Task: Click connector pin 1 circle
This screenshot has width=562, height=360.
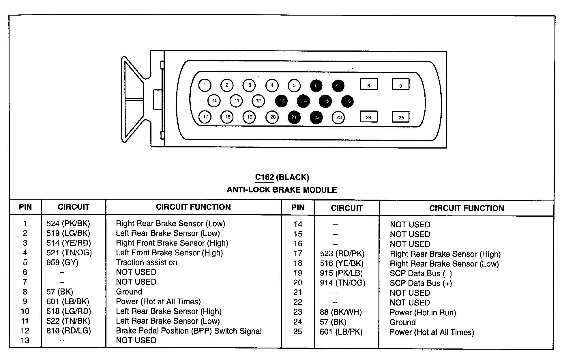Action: pyautogui.click(x=205, y=85)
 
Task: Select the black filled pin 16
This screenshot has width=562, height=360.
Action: pyautogui.click(x=348, y=101)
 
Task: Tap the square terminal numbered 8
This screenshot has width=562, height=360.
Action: pyautogui.click(x=369, y=85)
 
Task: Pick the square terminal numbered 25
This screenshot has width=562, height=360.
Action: pyautogui.click(x=401, y=117)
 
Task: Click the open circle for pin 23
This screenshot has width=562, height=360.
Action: pyautogui.click(x=339, y=117)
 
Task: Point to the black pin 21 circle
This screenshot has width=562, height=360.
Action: pyautogui.click(x=294, y=117)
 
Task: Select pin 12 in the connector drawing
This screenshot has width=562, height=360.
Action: pyautogui.click(x=258, y=101)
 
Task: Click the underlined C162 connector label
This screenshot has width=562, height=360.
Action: pyautogui.click(x=264, y=177)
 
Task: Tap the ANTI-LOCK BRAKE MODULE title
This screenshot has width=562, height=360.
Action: pyautogui.click(x=282, y=190)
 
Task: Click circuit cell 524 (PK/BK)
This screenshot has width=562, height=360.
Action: pyautogui.click(x=68, y=224)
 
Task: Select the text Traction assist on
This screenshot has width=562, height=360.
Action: pyautogui.click(x=146, y=262)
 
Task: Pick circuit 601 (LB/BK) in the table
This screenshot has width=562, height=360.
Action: pyautogui.click(x=68, y=301)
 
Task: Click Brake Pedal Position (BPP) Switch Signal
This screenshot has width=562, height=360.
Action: pyautogui.click(x=189, y=331)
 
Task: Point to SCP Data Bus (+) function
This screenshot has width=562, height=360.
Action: pyautogui.click(x=421, y=283)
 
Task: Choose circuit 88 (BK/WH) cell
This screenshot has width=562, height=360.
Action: pyautogui.click(x=341, y=312)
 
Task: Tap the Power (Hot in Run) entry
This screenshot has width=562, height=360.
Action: pyautogui.click(x=423, y=313)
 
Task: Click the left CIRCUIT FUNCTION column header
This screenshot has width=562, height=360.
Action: pyautogui.click(x=193, y=207)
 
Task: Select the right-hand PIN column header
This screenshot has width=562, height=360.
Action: pyautogui.click(x=298, y=208)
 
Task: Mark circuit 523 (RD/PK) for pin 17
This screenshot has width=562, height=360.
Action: pyautogui.click(x=342, y=254)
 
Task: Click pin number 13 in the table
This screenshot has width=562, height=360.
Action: pyautogui.click(x=25, y=340)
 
